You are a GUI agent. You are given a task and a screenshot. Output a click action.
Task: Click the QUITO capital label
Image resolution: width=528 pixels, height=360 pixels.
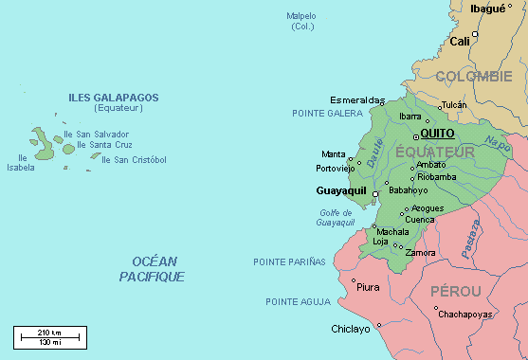(x=439, y=134)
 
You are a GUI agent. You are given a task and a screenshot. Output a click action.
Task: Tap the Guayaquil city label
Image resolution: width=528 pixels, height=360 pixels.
(x=341, y=191)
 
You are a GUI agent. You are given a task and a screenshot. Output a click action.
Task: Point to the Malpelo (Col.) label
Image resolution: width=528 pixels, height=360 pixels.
(x=301, y=21)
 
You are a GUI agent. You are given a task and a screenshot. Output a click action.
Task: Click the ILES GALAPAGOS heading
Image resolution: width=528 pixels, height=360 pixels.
(x=113, y=98)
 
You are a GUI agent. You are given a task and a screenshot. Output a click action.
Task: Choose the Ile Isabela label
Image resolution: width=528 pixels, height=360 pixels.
(x=20, y=163)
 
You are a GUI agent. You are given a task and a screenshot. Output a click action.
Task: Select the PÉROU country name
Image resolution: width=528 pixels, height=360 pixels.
(x=456, y=291)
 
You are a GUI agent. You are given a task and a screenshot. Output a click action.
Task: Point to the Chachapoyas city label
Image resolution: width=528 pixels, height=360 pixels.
(x=464, y=314)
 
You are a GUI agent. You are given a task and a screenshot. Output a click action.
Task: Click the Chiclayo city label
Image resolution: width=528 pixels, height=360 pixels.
(x=351, y=330)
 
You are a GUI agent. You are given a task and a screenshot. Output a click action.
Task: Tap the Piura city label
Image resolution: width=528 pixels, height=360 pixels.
(x=368, y=286)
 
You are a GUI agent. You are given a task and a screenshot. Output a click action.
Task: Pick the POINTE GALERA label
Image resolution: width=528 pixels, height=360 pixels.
(x=327, y=113)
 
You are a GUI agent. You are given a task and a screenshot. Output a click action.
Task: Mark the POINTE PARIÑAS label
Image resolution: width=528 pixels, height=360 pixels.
(x=289, y=261)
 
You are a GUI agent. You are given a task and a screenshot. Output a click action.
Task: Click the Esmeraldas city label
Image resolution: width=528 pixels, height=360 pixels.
(x=357, y=99)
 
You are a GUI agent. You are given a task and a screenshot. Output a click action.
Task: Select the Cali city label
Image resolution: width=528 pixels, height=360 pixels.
(x=460, y=41)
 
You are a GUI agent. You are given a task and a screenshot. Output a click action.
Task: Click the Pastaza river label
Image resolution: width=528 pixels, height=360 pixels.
(x=470, y=243)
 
